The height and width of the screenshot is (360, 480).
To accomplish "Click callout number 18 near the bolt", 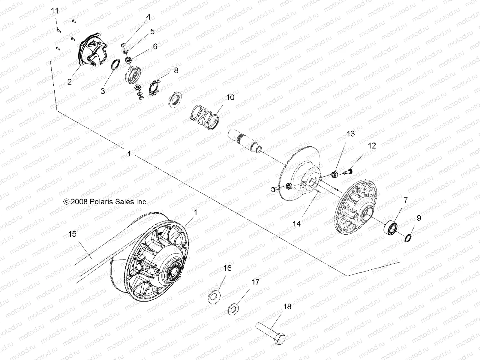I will [287, 307].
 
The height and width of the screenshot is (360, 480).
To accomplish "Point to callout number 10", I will [230, 97].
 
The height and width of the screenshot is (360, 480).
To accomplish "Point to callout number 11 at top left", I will [55, 11].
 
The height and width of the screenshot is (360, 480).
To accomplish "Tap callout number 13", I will [350, 133].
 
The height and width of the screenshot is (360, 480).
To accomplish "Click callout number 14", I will [297, 223].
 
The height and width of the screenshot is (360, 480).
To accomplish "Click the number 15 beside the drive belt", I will [73, 234].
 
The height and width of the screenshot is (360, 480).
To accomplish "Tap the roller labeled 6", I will [129, 60].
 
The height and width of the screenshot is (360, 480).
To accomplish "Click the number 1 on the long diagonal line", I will [129, 154].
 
